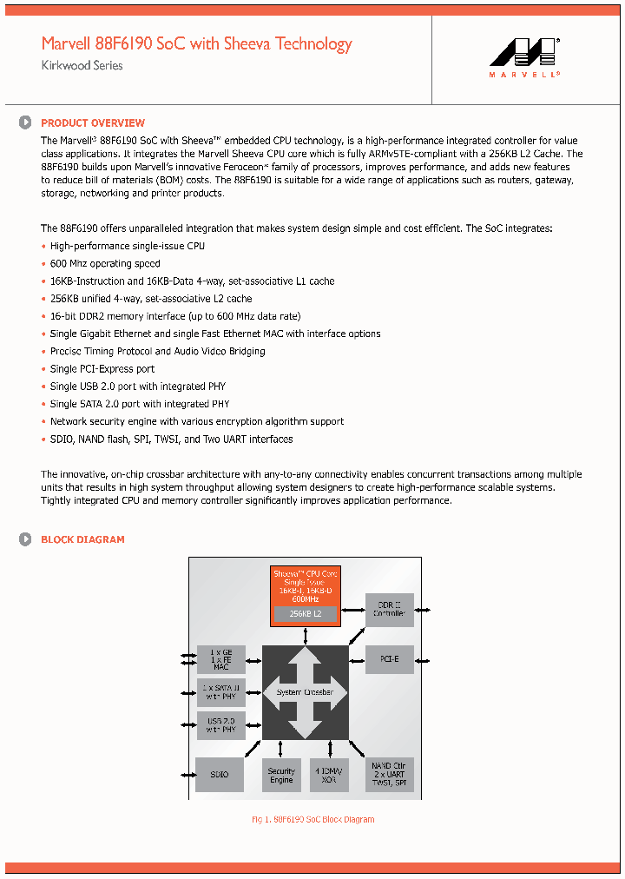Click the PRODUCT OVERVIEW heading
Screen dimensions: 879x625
click(93, 123)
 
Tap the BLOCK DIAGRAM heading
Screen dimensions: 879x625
click(82, 539)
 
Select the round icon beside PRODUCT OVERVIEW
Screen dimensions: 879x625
click(26, 123)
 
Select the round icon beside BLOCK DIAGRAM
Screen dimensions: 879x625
click(26, 539)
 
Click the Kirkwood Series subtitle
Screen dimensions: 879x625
click(82, 66)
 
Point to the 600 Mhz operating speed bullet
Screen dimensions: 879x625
click(104, 264)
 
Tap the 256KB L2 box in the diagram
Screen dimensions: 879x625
click(305, 613)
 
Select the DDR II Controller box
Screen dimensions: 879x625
click(389, 610)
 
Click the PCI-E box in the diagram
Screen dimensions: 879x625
click(389, 660)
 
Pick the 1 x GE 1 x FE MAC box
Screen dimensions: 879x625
click(220, 660)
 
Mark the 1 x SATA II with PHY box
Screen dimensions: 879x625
click(220, 692)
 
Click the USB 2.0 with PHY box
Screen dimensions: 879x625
click(220, 724)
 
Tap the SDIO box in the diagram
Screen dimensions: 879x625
click(220, 774)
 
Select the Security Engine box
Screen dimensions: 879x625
click(281, 775)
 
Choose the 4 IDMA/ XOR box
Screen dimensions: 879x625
click(330, 775)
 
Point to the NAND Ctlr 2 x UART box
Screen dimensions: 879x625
click(389, 775)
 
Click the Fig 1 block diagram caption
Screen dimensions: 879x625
click(312, 820)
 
